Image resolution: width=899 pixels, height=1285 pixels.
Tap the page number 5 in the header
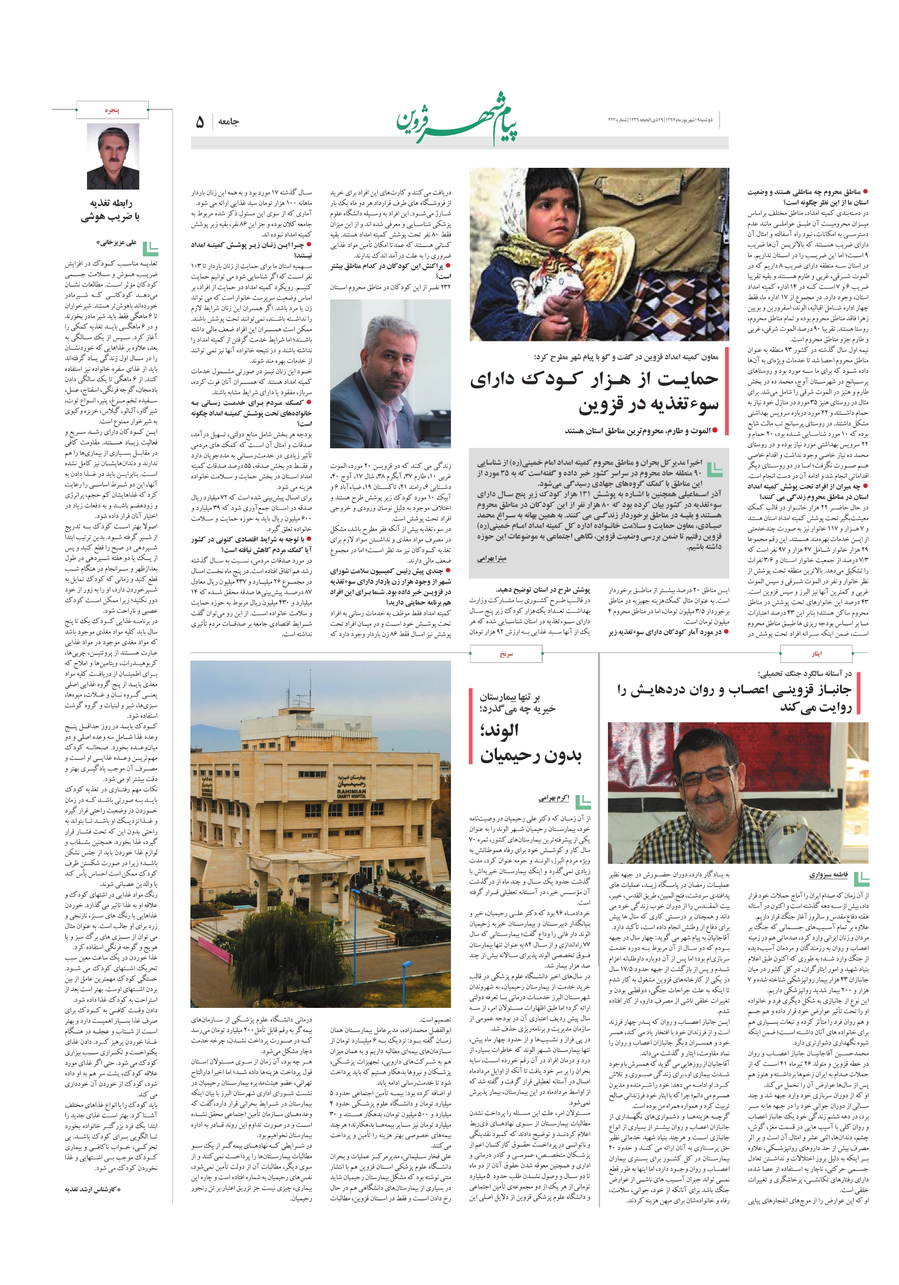[199, 122]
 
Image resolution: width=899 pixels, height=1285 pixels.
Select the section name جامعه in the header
[228, 122]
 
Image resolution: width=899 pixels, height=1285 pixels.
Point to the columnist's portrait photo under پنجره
[113, 157]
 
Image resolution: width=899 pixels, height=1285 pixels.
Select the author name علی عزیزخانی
[116, 243]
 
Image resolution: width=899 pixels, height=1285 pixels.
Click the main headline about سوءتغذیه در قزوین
[593, 392]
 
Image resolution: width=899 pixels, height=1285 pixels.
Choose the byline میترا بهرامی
[491, 559]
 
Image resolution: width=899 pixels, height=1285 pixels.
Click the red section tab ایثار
[816, 653]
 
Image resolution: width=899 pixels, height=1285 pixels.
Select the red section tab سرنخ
[506, 653]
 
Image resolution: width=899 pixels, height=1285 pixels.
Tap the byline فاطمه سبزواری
[828, 874]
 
